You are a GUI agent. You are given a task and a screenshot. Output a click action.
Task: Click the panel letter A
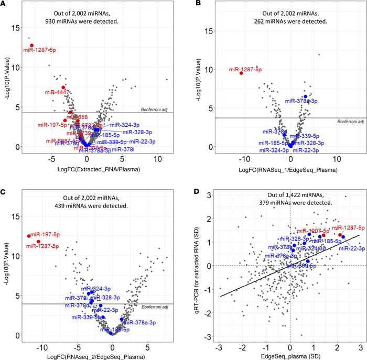[x=4, y=5]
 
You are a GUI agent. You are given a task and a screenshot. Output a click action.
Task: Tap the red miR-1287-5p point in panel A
[x=31, y=46]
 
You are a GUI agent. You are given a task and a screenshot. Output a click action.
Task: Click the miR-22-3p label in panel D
[x=348, y=248]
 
